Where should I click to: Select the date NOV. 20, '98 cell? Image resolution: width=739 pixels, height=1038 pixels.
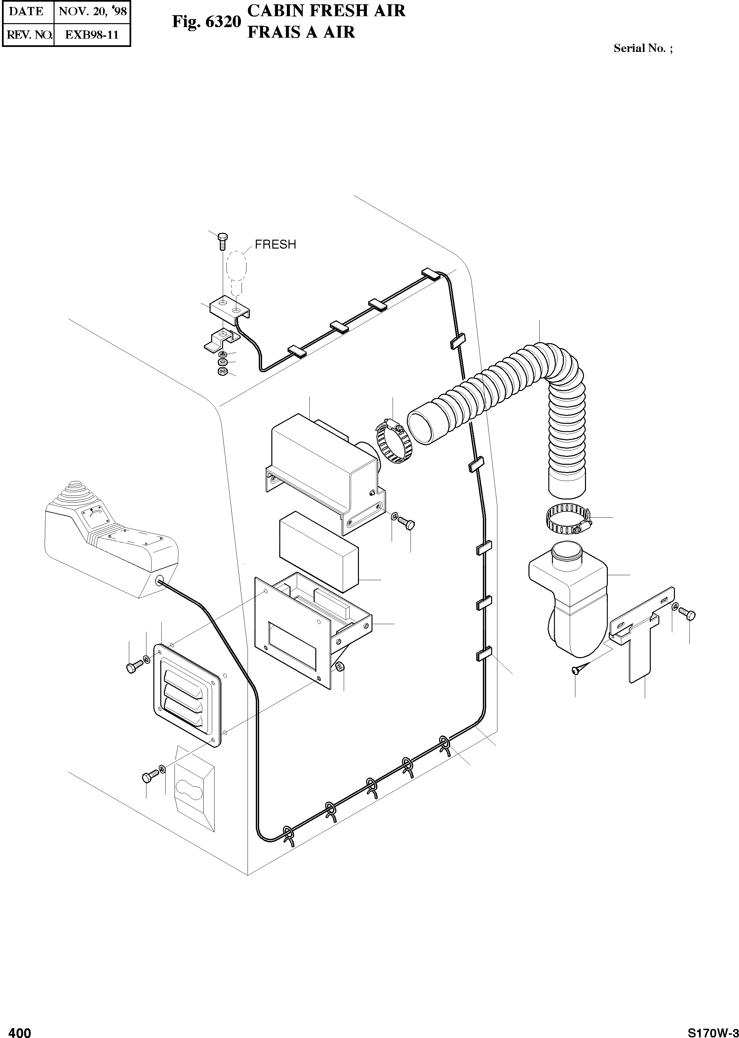(x=93, y=11)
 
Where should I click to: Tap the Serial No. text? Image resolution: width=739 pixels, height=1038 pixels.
(x=642, y=48)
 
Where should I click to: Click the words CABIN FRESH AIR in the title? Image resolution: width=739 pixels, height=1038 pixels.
(x=326, y=11)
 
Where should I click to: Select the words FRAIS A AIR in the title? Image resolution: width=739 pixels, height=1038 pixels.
(x=301, y=32)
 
